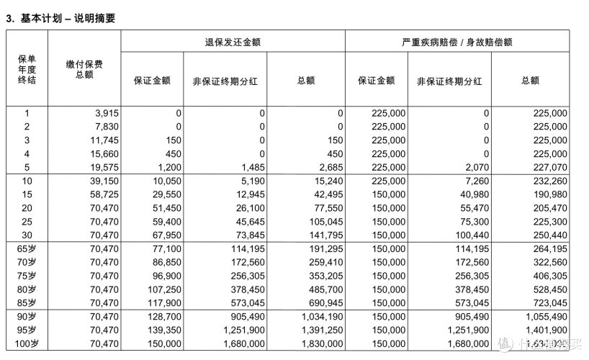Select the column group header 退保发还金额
pyautogui.click(x=233, y=42)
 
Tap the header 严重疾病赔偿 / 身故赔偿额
pyautogui.click(x=457, y=42)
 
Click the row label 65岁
pyautogui.click(x=27, y=248)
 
